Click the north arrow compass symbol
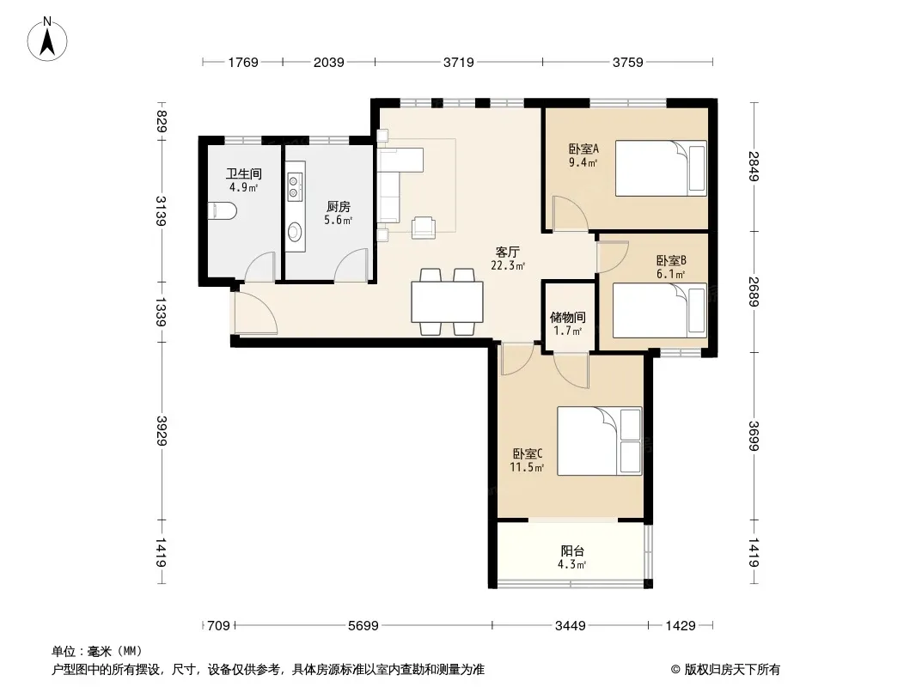(x=47, y=40)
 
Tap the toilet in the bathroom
(x=222, y=210)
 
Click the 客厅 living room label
(x=507, y=252)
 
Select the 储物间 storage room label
(x=567, y=318)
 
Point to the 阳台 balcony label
(x=572, y=551)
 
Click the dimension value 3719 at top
(x=459, y=62)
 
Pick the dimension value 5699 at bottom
(x=363, y=626)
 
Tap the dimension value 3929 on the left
(x=162, y=431)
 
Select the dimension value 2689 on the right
(x=754, y=292)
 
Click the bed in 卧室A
(x=661, y=168)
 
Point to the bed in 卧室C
(x=600, y=441)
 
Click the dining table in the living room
(x=447, y=301)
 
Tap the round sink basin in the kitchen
(x=295, y=232)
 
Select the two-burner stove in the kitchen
(x=294, y=187)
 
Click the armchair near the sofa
(x=424, y=227)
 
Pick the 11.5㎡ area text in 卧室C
(x=527, y=467)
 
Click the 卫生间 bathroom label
(x=243, y=174)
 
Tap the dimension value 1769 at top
(x=243, y=62)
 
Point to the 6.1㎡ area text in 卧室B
(x=670, y=274)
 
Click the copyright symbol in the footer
(x=676, y=670)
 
